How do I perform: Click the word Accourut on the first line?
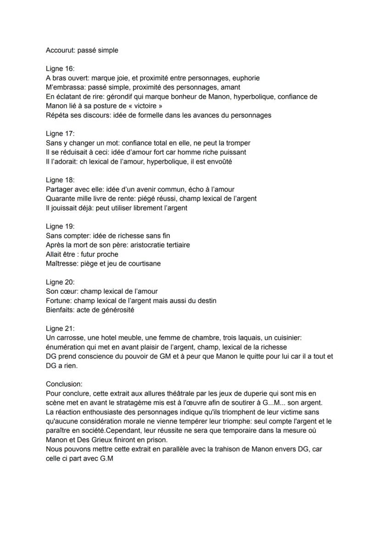point(60,50)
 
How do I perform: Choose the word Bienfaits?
point(60,310)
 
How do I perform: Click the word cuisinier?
point(285,338)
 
